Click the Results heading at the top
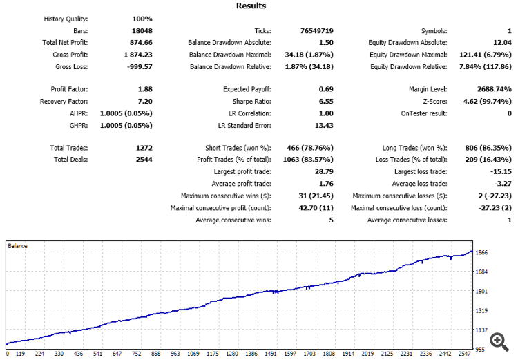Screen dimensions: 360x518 tap(251, 6)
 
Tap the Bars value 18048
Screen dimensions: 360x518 tap(142, 31)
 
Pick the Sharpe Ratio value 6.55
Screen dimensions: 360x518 tap(326, 101)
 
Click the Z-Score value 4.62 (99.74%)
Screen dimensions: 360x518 tap(485, 101)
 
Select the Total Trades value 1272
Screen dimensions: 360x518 tap(144, 148)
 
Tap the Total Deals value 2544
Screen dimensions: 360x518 tap(144, 160)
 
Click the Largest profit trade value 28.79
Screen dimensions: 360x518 tap(324, 171)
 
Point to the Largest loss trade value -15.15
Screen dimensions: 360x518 tap(499, 171)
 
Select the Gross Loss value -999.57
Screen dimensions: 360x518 tap(139, 67)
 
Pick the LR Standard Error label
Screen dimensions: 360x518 tap(244, 125)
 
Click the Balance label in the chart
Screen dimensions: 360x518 tap(18, 245)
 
